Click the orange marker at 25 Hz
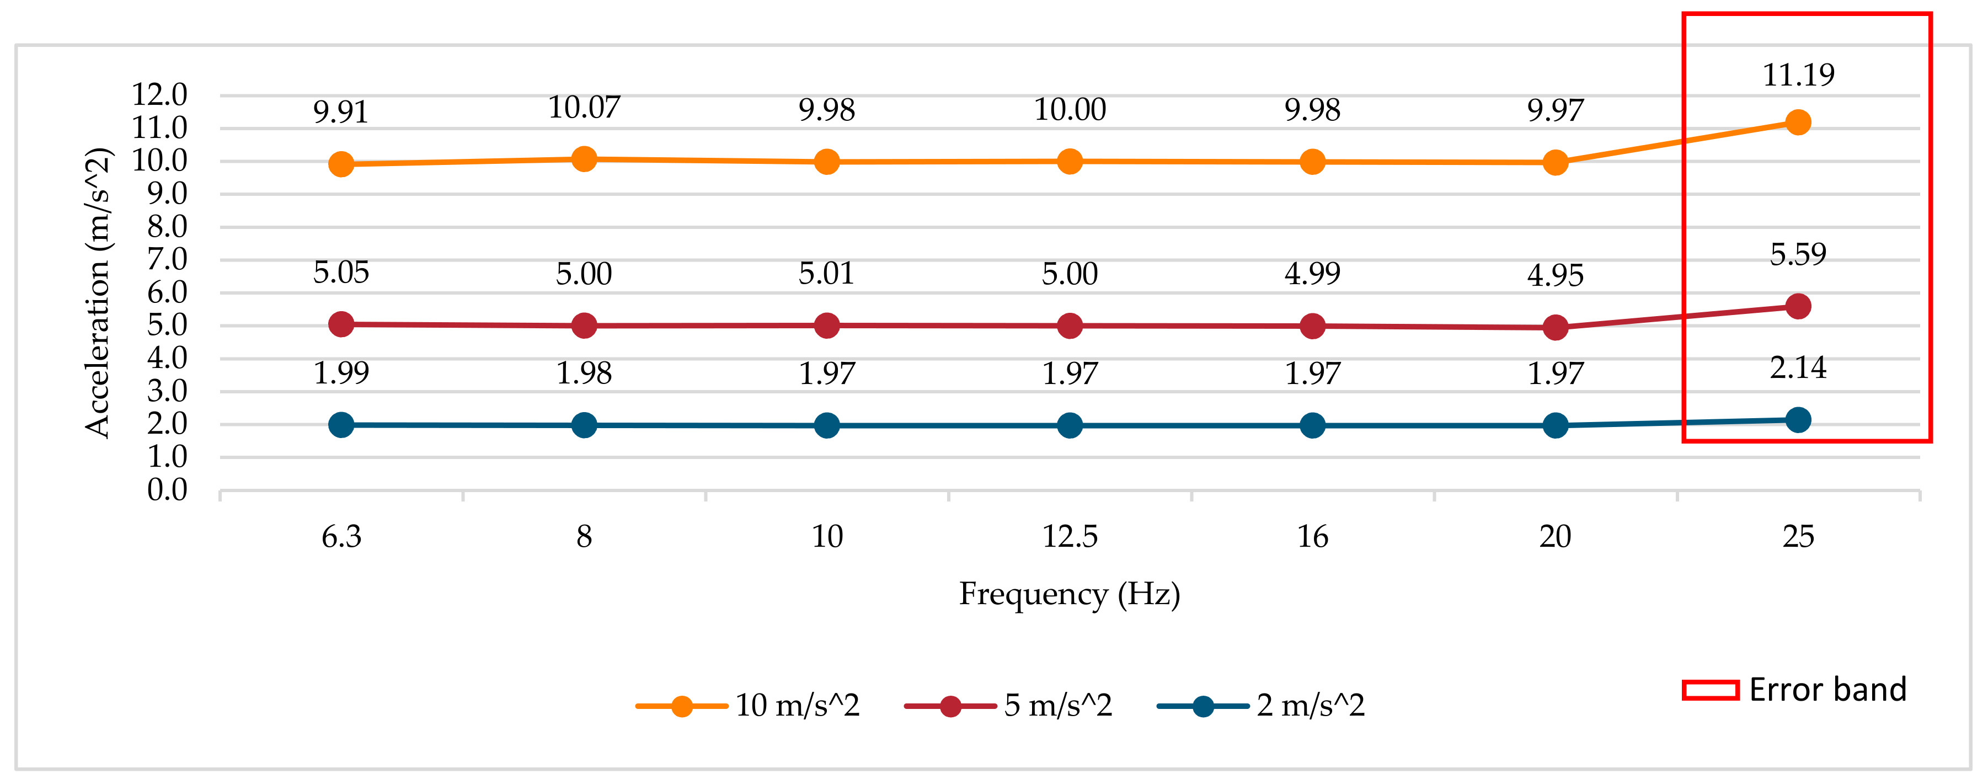point(1797,122)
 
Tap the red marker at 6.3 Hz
point(341,324)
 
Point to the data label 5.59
point(1798,254)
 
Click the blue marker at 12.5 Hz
point(1070,425)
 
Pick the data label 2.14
point(1798,367)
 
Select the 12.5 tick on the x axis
point(1070,536)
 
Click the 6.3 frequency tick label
point(341,536)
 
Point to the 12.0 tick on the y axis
point(160,94)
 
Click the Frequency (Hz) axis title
point(1070,594)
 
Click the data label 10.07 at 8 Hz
point(584,108)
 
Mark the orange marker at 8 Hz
point(584,159)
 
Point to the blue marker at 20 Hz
point(1555,425)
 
